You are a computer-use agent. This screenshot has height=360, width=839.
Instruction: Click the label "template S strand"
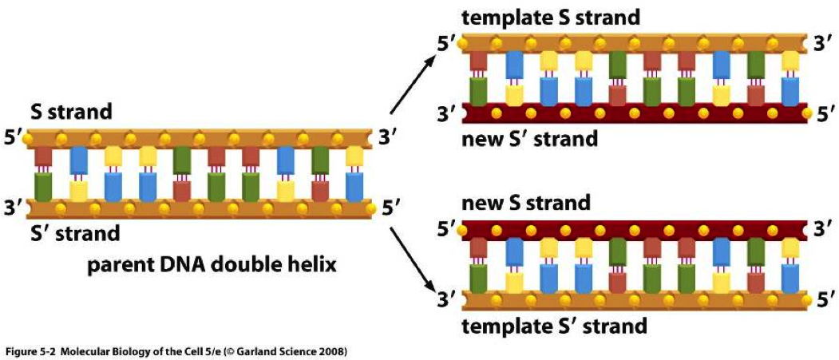tap(550, 17)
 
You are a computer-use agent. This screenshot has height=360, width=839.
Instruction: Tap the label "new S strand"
tap(526, 202)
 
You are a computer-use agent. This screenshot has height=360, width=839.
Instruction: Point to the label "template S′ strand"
tap(554, 326)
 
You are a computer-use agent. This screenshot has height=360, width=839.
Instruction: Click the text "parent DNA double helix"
tap(212, 264)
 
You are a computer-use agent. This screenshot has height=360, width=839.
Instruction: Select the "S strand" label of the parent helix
tap(71, 112)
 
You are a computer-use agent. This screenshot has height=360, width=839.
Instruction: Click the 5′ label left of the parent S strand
tap(14, 137)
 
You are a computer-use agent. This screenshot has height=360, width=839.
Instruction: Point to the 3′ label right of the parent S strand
tap(387, 138)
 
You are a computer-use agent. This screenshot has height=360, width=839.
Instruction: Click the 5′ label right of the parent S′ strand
tap(390, 208)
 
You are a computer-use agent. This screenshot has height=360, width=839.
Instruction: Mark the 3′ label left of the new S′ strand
tap(447, 113)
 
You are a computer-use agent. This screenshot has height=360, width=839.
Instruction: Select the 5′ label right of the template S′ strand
tap(823, 301)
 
